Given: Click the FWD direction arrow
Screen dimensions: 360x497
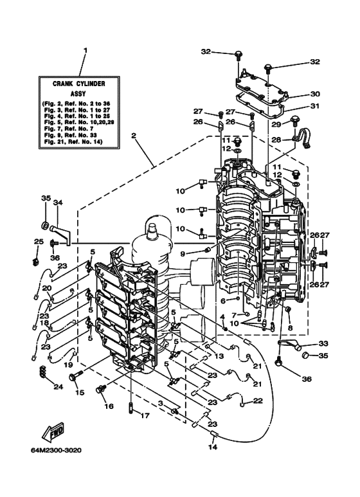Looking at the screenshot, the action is click(x=53, y=432).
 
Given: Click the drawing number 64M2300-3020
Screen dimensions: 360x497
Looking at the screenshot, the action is click(x=56, y=451).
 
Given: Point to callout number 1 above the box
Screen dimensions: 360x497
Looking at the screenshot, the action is click(x=85, y=51).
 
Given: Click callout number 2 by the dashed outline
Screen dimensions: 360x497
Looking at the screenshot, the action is click(x=134, y=136).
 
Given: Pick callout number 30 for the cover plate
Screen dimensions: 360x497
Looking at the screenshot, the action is click(x=315, y=94).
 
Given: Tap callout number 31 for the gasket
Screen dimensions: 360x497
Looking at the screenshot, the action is click(x=315, y=106).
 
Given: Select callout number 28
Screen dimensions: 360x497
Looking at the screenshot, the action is click(x=276, y=140).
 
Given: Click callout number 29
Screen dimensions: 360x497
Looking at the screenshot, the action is click(x=276, y=124).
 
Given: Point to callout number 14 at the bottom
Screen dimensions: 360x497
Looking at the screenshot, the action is click(x=213, y=447).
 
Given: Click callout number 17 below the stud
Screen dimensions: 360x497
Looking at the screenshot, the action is click(x=145, y=415).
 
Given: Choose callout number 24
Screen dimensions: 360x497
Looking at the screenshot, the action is click(x=59, y=386).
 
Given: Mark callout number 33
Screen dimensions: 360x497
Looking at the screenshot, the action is click(x=323, y=343).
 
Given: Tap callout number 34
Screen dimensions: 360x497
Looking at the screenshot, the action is click(x=58, y=202).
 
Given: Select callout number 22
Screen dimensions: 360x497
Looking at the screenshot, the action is click(x=258, y=401).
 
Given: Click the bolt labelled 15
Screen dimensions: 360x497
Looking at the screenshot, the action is click(x=75, y=377).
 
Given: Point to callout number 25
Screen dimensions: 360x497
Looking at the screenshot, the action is click(x=39, y=242).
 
